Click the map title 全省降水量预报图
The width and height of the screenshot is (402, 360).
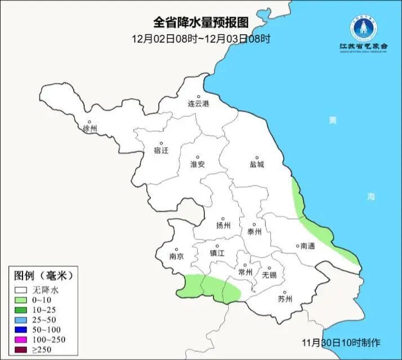pos(201,22)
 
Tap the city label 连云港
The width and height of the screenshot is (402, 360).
pos(198,104)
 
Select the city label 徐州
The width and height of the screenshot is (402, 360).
pos(90,129)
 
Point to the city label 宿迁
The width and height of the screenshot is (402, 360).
pos(161,150)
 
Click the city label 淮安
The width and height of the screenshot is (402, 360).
pos(198,164)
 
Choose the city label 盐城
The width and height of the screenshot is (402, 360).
pos(257,165)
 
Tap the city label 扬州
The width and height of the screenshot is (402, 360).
pos(224,226)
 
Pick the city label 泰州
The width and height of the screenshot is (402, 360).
pos(254,231)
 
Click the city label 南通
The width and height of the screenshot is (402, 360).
pos(307,246)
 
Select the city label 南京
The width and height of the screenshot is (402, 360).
pos(177,256)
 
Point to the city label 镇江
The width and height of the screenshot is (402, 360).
pos(217,253)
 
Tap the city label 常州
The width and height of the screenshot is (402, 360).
pos(245,272)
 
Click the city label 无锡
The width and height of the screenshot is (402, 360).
pos(269,275)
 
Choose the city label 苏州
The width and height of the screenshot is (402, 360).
pos(285,299)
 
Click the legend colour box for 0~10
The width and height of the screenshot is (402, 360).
pos(22,300)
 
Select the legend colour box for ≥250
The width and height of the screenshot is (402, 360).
pos(22,349)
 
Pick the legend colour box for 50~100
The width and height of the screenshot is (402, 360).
pos(22,330)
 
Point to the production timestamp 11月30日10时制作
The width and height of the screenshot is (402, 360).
pos(341,342)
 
